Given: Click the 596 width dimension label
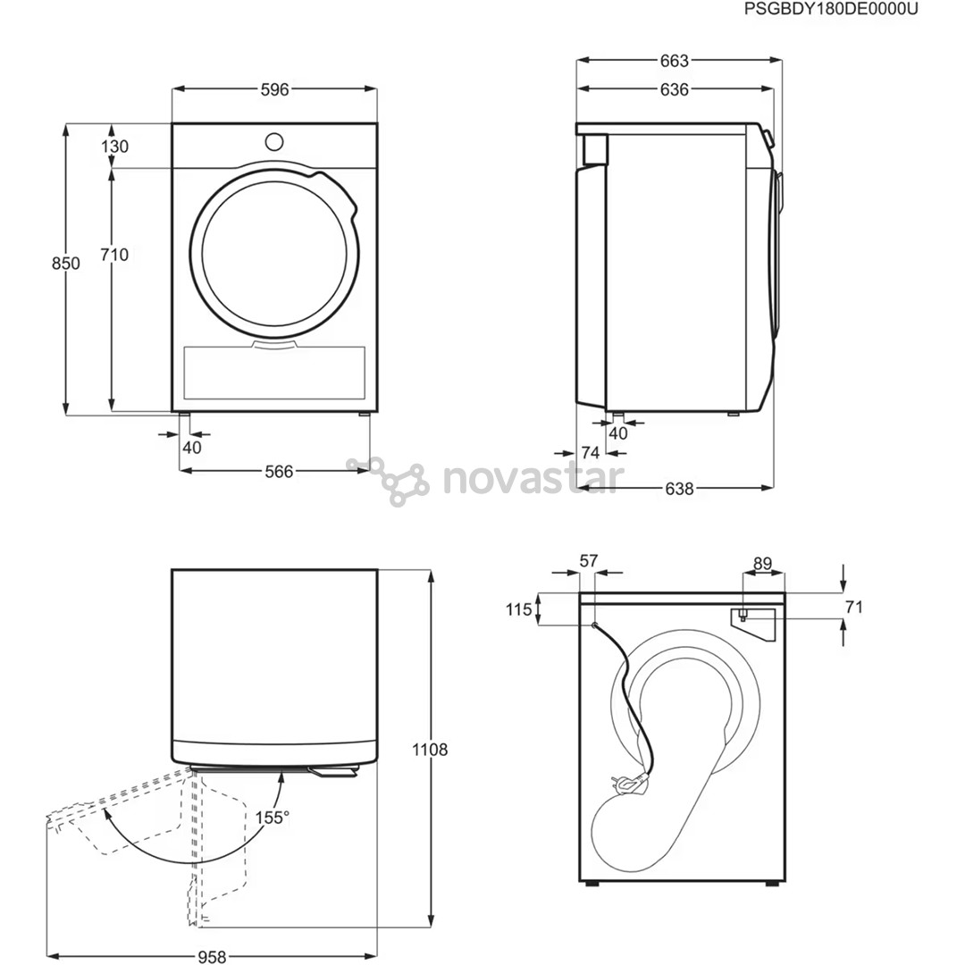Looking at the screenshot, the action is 274,90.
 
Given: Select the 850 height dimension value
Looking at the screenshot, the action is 66,264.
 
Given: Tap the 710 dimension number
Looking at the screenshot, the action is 114,255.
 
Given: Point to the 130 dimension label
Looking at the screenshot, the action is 114,147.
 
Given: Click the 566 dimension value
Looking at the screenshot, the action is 279,472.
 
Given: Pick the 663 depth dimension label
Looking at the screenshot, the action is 675,61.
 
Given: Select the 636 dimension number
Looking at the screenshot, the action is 675,90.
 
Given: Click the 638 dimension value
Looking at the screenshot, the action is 679,489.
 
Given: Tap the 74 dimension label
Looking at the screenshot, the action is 591,453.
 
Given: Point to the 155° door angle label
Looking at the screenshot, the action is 273,818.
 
